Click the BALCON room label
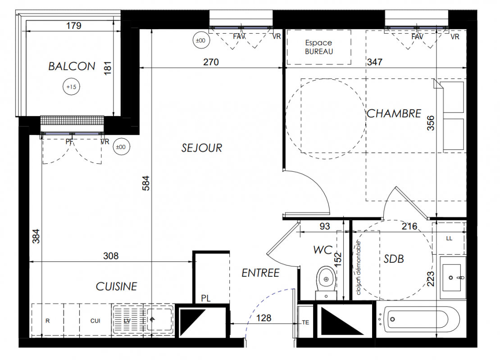point(72,66)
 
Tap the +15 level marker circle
point(72,87)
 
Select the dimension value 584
point(146,183)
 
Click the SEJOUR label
point(201,148)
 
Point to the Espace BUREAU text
point(319,47)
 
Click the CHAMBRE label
point(394,113)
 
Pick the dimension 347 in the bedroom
point(375,62)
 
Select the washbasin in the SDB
point(453,278)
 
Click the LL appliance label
point(449,238)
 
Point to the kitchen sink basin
point(159,319)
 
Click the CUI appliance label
point(95,321)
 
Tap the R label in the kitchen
point(47,321)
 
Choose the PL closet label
point(206,298)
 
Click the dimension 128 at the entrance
point(264,318)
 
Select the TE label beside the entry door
point(305,322)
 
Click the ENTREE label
point(260,273)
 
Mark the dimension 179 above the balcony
point(74,26)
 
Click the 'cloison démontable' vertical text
point(359,268)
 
